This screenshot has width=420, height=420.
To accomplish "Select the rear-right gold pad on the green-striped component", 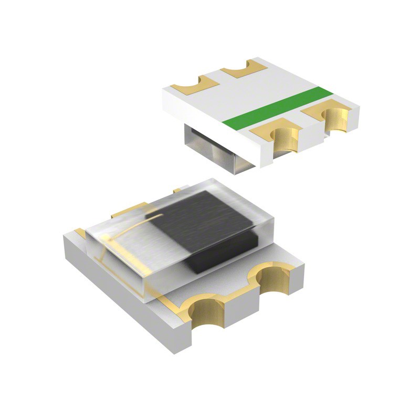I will tap(244, 68).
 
